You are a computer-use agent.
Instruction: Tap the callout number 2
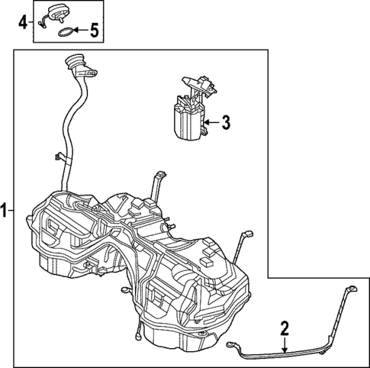click(x=284, y=329)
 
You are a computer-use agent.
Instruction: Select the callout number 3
click(x=225, y=121)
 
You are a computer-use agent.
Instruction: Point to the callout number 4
click(x=22, y=22)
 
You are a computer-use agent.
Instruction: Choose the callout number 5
click(x=94, y=31)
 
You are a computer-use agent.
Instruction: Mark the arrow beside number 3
click(x=211, y=121)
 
